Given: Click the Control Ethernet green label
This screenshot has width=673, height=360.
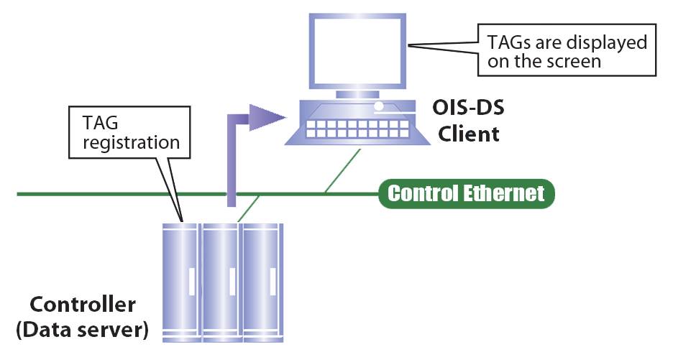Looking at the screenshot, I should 466,194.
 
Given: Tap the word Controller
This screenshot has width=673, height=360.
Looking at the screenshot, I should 81,305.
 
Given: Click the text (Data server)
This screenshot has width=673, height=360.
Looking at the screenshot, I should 81,331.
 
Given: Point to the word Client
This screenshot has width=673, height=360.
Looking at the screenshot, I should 470,134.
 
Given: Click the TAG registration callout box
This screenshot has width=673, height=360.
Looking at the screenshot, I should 131,132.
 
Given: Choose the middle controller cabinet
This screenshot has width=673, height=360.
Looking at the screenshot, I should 221,280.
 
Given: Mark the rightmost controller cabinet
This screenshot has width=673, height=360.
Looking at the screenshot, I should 262,280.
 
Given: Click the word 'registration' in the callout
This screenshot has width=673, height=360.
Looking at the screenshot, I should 131,142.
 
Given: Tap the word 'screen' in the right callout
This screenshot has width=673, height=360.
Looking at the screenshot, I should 580,62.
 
